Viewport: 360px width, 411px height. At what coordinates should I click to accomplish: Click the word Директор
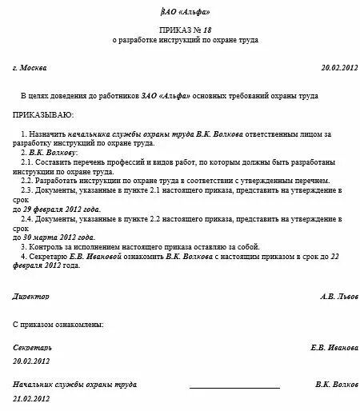tap(31, 295)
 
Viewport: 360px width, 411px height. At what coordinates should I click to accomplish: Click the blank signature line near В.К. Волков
tap(233, 387)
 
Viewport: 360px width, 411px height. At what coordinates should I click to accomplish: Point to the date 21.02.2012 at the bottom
tap(31, 397)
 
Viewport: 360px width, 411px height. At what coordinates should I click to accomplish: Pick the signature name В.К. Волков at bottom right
tap(337, 385)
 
